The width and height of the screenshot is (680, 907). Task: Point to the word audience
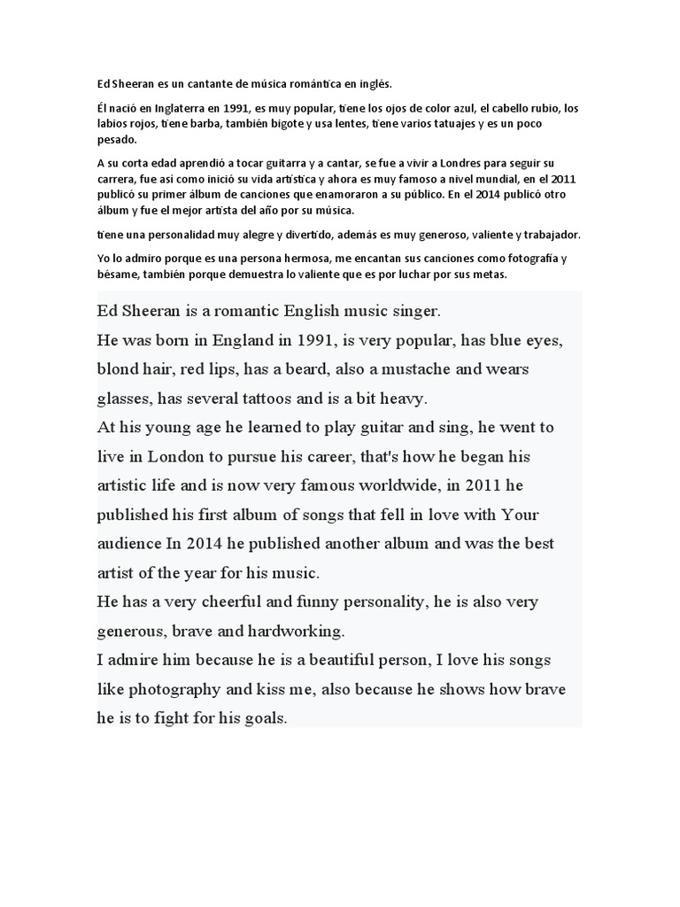pos(131,544)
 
